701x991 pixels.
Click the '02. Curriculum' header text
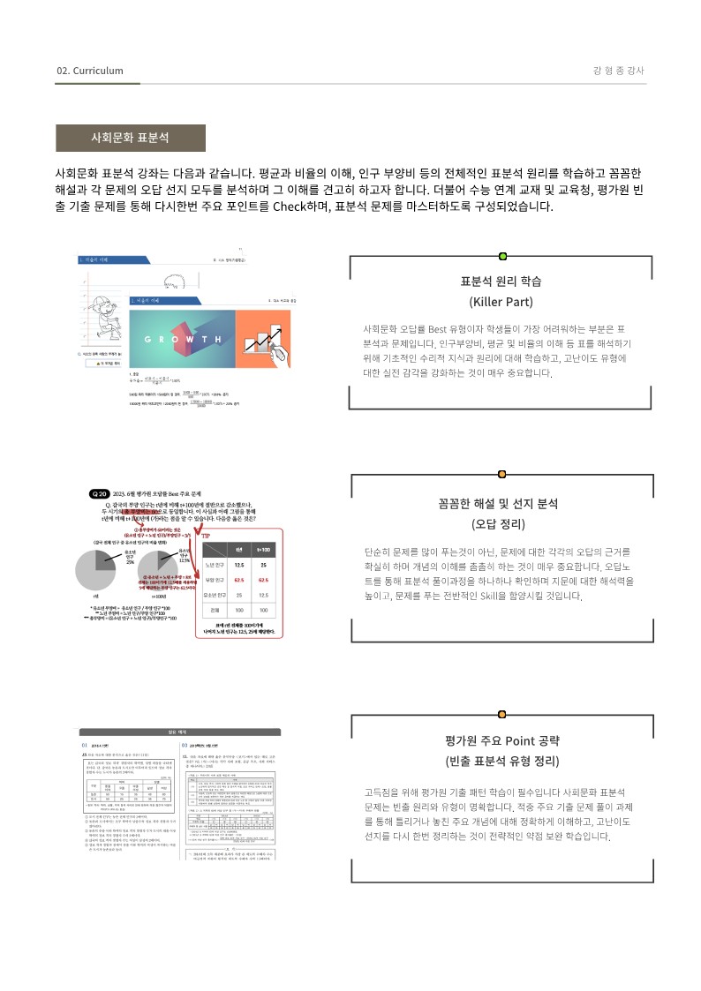[x=89, y=71]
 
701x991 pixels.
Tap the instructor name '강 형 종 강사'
[x=619, y=71]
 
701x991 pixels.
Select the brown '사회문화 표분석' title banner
[x=131, y=139]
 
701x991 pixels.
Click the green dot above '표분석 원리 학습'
[x=502, y=256]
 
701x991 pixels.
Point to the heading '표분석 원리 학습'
[x=501, y=282]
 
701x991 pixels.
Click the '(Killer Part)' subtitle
[x=501, y=302]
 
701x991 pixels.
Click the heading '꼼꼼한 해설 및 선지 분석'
[x=501, y=504]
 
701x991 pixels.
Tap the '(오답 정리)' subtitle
[x=501, y=524]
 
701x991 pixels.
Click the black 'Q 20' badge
[x=99, y=493]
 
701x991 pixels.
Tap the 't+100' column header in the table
[x=263, y=550]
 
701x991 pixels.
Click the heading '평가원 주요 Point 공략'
[x=501, y=740]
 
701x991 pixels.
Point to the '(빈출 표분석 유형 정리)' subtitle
[x=501, y=761]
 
